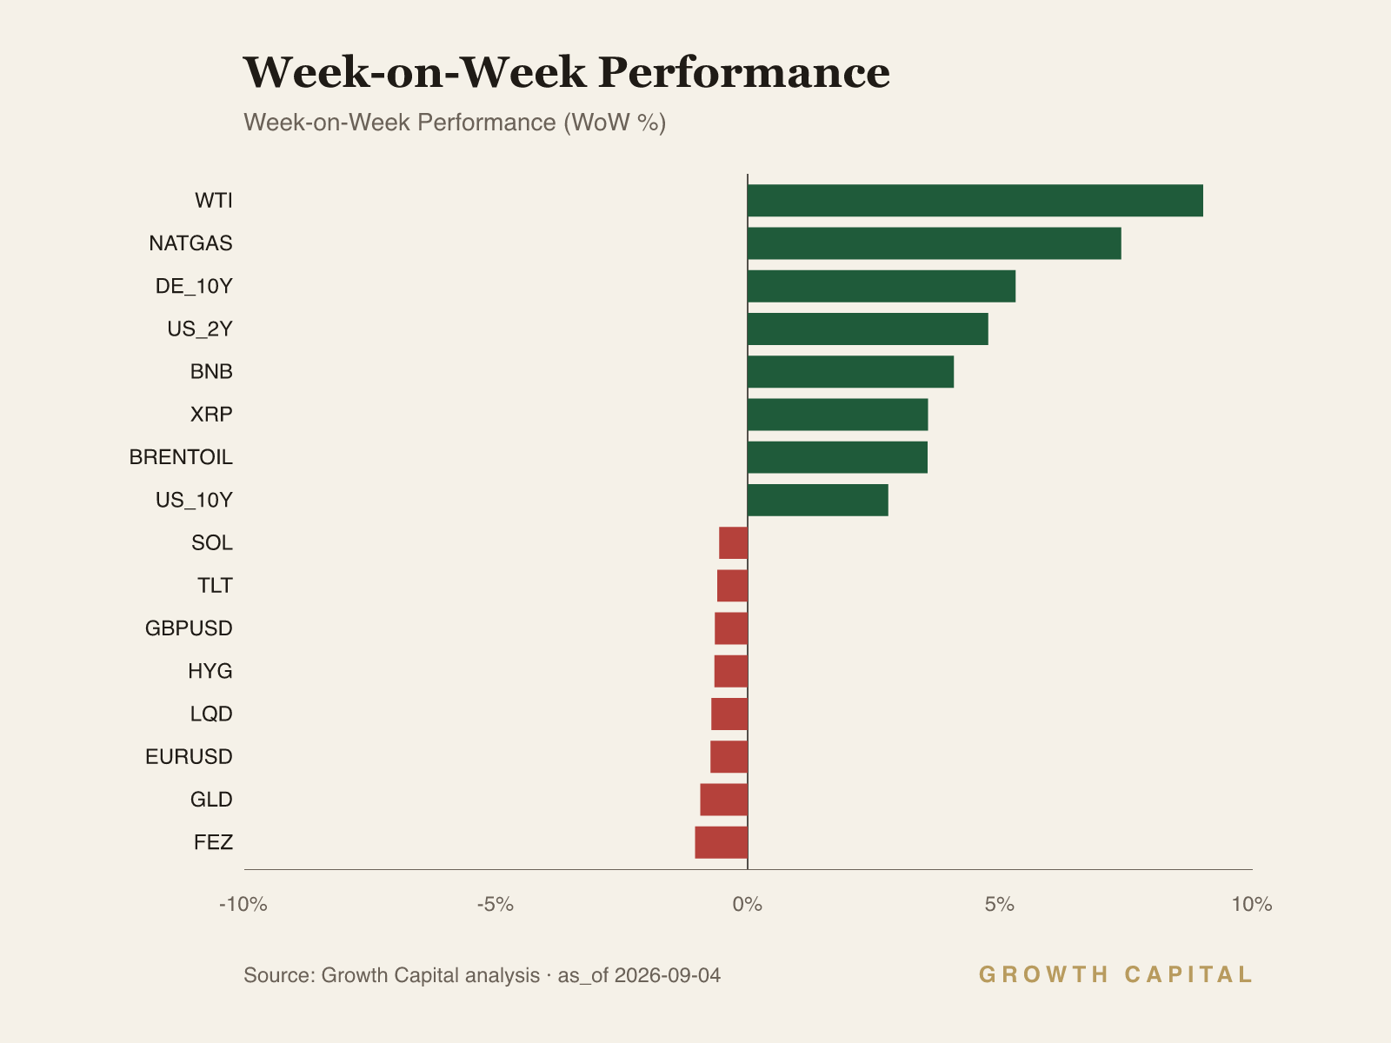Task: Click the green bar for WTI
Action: point(975,201)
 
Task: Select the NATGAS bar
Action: point(934,243)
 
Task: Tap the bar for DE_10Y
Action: point(882,286)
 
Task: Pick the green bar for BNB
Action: point(850,372)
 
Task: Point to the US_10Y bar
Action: point(818,501)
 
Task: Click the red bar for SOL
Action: point(733,542)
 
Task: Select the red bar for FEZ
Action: point(722,842)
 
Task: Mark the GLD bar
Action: point(723,800)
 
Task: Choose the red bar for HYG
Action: point(730,671)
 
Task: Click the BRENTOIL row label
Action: point(181,457)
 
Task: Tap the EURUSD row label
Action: point(189,757)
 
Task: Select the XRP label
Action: point(211,415)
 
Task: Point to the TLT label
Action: point(215,586)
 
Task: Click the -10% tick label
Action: point(243,904)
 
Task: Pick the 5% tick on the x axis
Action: point(1000,904)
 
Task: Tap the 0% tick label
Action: point(748,904)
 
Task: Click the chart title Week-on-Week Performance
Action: point(567,72)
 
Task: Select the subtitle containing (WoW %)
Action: point(455,123)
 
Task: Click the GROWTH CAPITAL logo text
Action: point(1116,974)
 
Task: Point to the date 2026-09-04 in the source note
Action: point(668,975)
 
